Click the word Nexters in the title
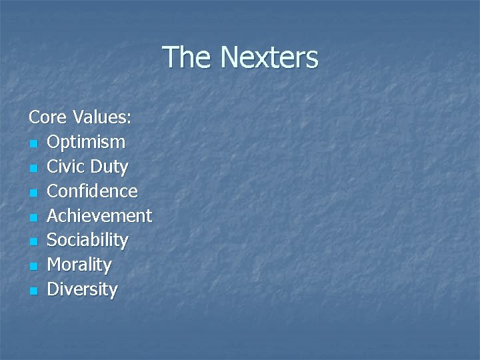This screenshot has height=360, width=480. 269,57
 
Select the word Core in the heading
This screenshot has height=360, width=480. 47,118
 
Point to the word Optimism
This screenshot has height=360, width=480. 86,142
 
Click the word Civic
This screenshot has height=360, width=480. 67,167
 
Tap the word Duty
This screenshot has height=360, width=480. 111,167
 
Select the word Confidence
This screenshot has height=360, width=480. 92,191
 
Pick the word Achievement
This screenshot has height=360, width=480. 99,216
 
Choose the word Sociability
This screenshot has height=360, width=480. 87,240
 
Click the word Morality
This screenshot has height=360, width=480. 79,265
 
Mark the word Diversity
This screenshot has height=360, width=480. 82,289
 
